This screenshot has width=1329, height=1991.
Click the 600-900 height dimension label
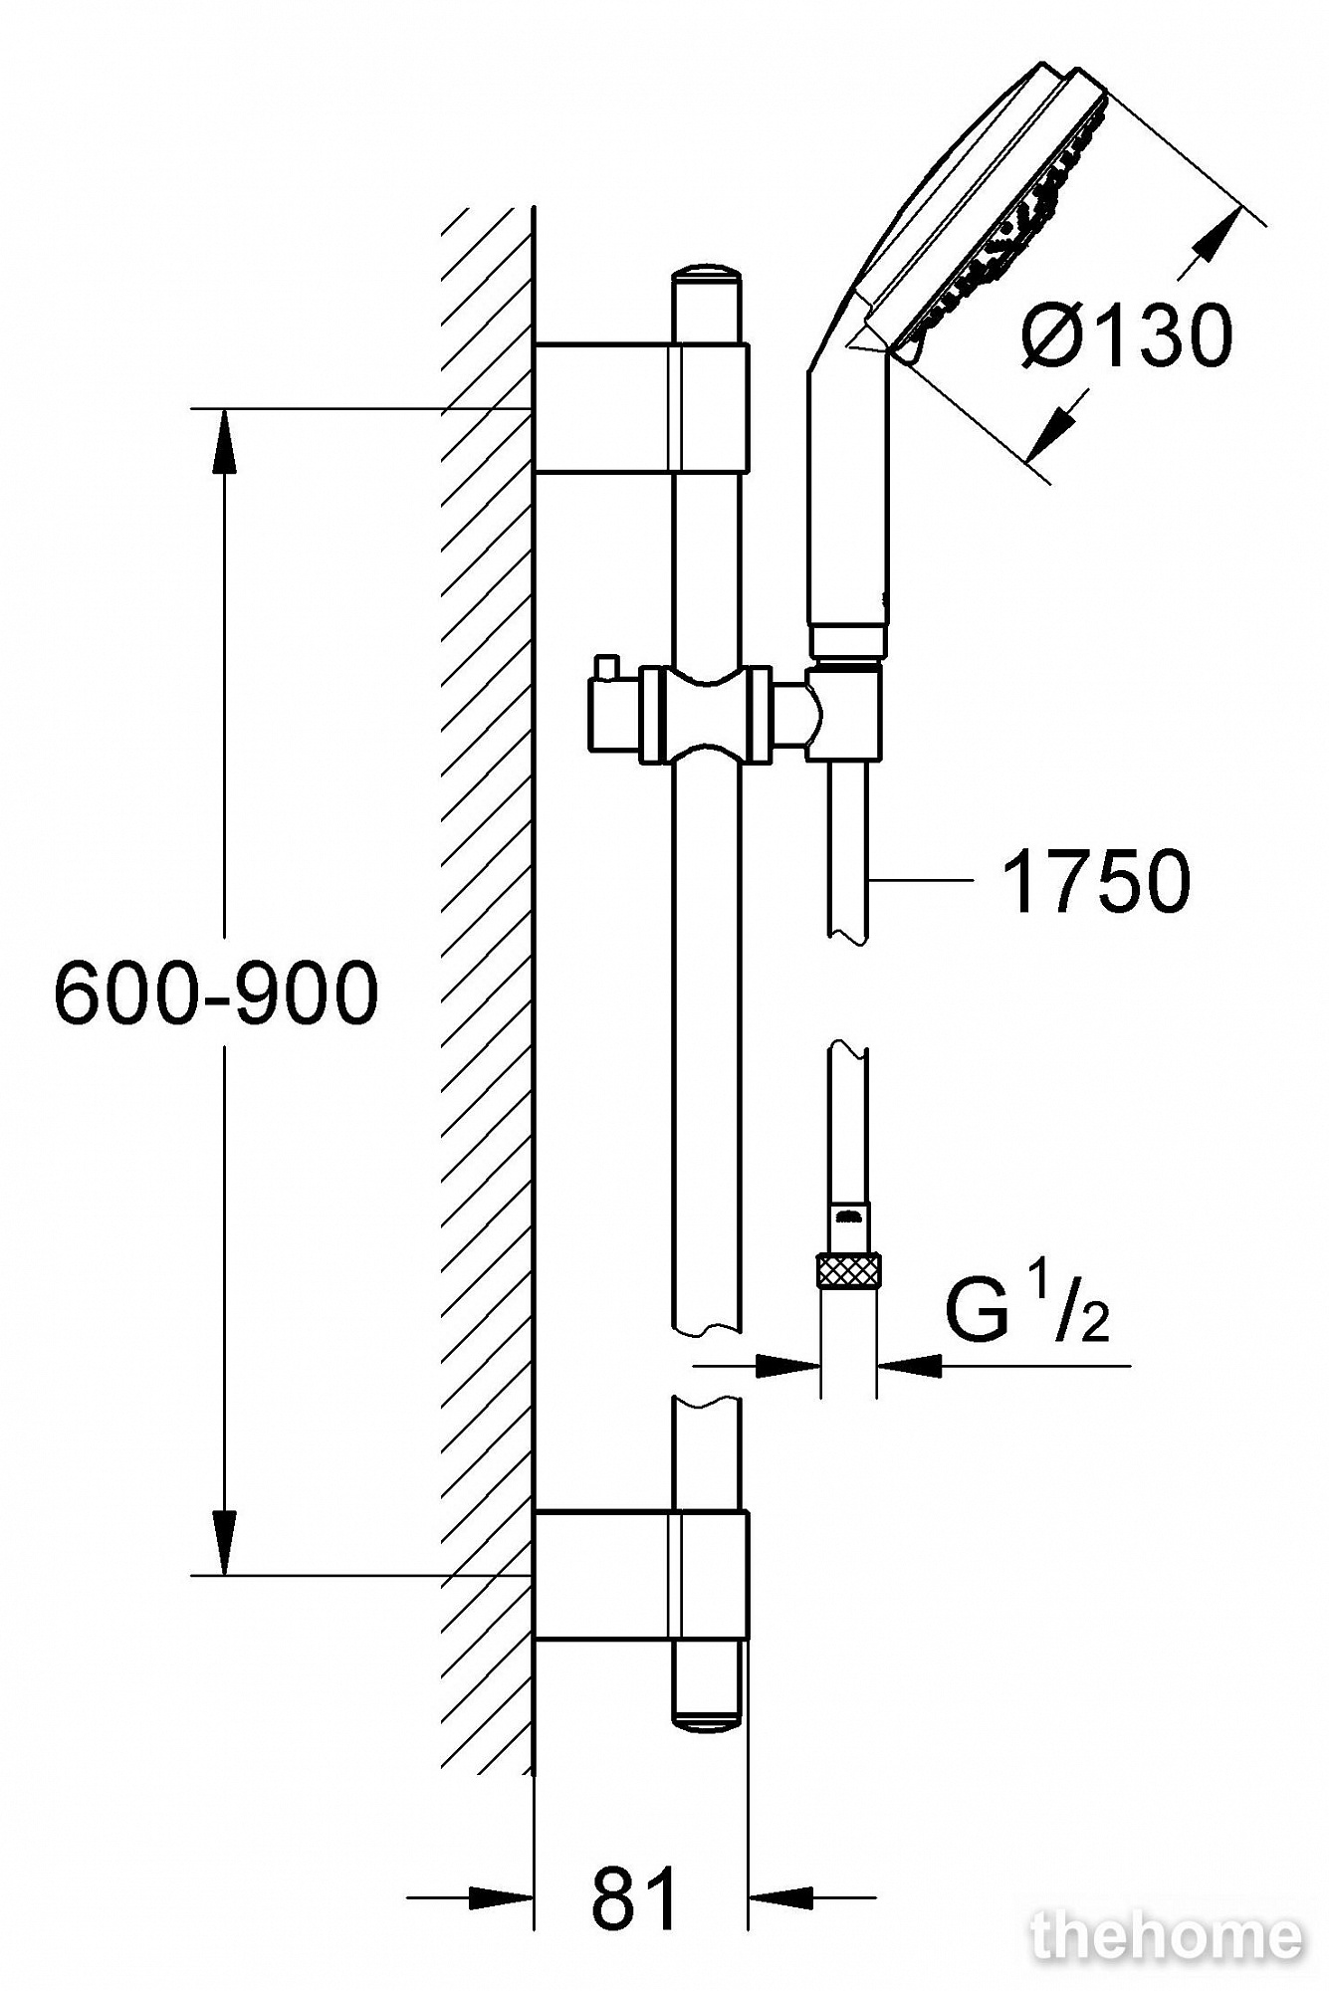(x=216, y=994)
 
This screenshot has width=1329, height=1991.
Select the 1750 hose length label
(x=1096, y=881)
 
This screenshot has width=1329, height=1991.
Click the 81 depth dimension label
(x=635, y=1898)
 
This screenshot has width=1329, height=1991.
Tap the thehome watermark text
(x=1166, y=1936)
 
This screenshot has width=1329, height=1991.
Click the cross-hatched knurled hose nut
(x=848, y=1272)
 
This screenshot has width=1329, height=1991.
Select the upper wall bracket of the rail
(x=641, y=407)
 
